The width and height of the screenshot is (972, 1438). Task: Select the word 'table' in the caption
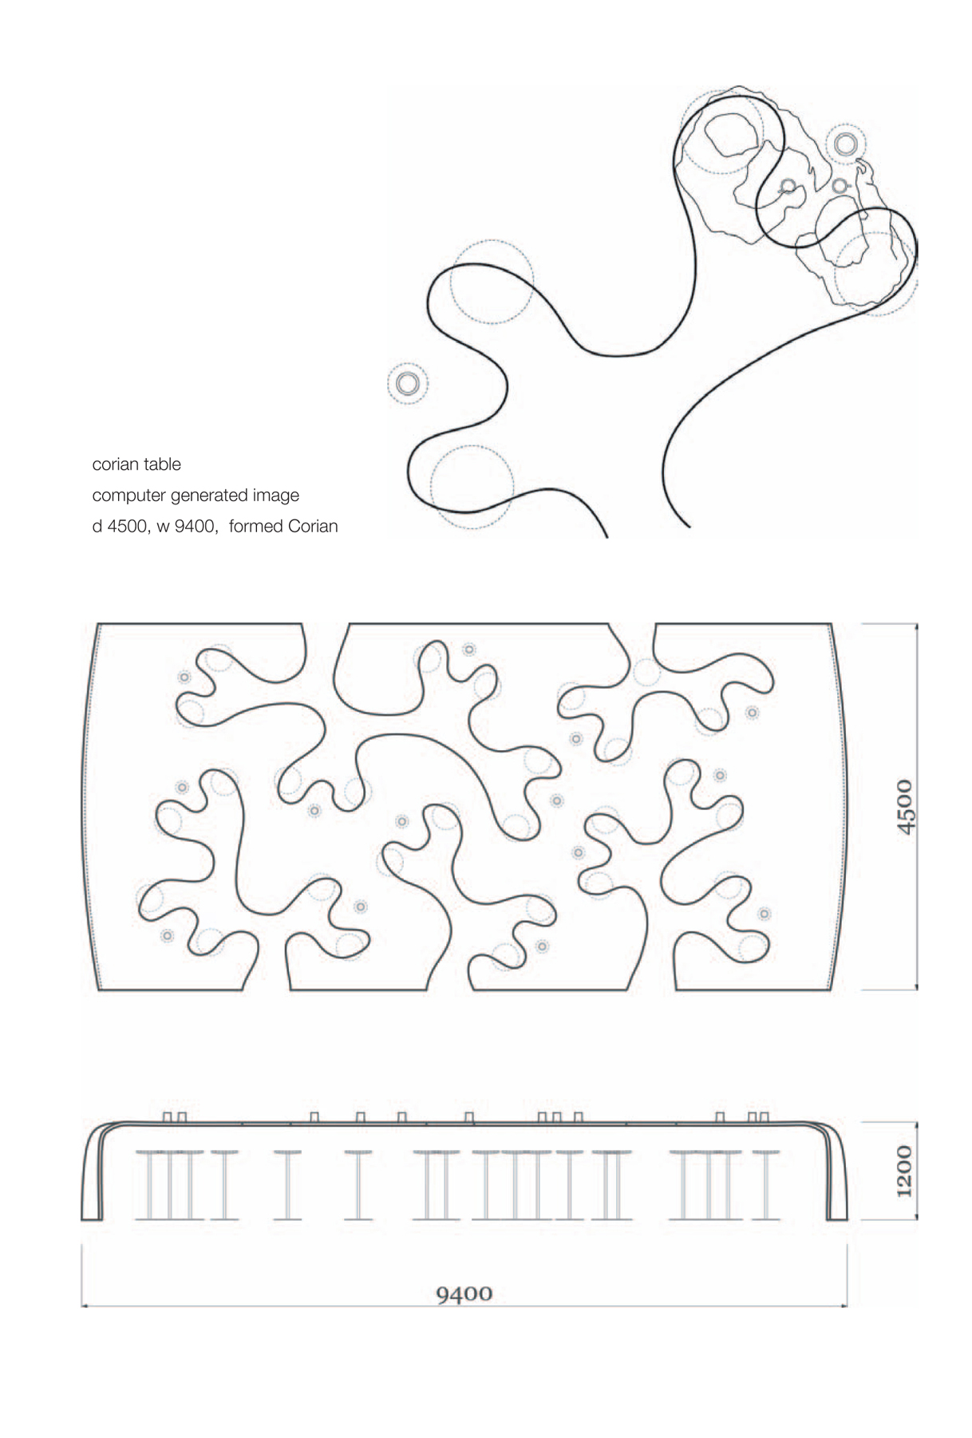click(164, 464)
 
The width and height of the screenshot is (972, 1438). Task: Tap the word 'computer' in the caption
click(128, 496)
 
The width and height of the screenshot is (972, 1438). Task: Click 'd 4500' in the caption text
click(120, 527)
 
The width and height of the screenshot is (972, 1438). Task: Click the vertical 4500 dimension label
click(904, 807)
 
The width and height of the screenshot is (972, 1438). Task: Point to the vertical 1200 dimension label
click(904, 1171)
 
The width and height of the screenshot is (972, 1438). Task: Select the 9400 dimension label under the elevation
click(464, 1293)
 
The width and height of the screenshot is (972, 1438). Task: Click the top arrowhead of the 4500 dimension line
click(917, 626)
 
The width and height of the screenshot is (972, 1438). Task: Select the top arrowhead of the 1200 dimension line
click(917, 1126)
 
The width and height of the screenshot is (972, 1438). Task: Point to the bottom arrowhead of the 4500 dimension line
click(917, 986)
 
